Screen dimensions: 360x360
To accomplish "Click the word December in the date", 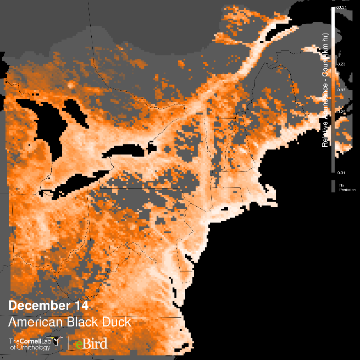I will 35,306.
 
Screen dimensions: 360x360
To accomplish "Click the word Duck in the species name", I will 114,322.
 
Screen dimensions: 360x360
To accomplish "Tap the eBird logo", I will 92,344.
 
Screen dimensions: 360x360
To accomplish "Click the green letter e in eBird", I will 79,345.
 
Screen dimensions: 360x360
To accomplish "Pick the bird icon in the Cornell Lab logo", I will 53,341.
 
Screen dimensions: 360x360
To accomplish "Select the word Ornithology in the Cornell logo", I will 34,348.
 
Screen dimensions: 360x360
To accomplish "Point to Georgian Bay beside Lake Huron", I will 74,113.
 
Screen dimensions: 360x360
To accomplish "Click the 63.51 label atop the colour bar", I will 341,7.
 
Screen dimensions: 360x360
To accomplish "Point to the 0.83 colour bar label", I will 341,90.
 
